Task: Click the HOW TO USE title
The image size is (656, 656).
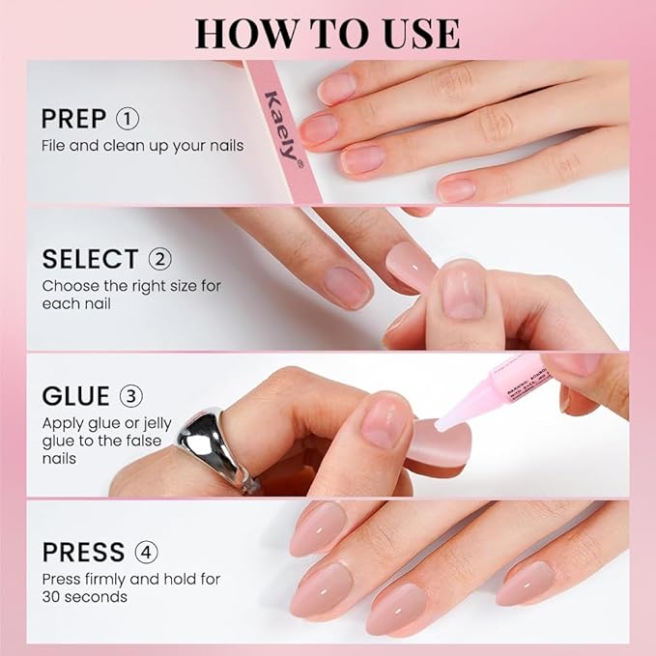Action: click(327, 33)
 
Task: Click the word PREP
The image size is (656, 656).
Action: click(73, 119)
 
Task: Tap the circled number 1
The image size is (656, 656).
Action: click(128, 119)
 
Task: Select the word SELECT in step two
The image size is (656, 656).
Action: click(90, 259)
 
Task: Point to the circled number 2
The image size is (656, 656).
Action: click(160, 259)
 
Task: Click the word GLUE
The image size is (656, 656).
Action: click(75, 396)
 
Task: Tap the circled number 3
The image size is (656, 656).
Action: click(131, 396)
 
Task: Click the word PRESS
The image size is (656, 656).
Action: click(83, 552)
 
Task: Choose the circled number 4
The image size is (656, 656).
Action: click(147, 552)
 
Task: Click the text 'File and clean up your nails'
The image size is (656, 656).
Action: click(142, 146)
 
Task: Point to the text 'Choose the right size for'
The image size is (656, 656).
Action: click(132, 286)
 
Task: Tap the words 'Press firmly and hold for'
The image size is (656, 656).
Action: click(130, 580)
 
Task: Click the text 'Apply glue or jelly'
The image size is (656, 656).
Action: click(109, 423)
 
